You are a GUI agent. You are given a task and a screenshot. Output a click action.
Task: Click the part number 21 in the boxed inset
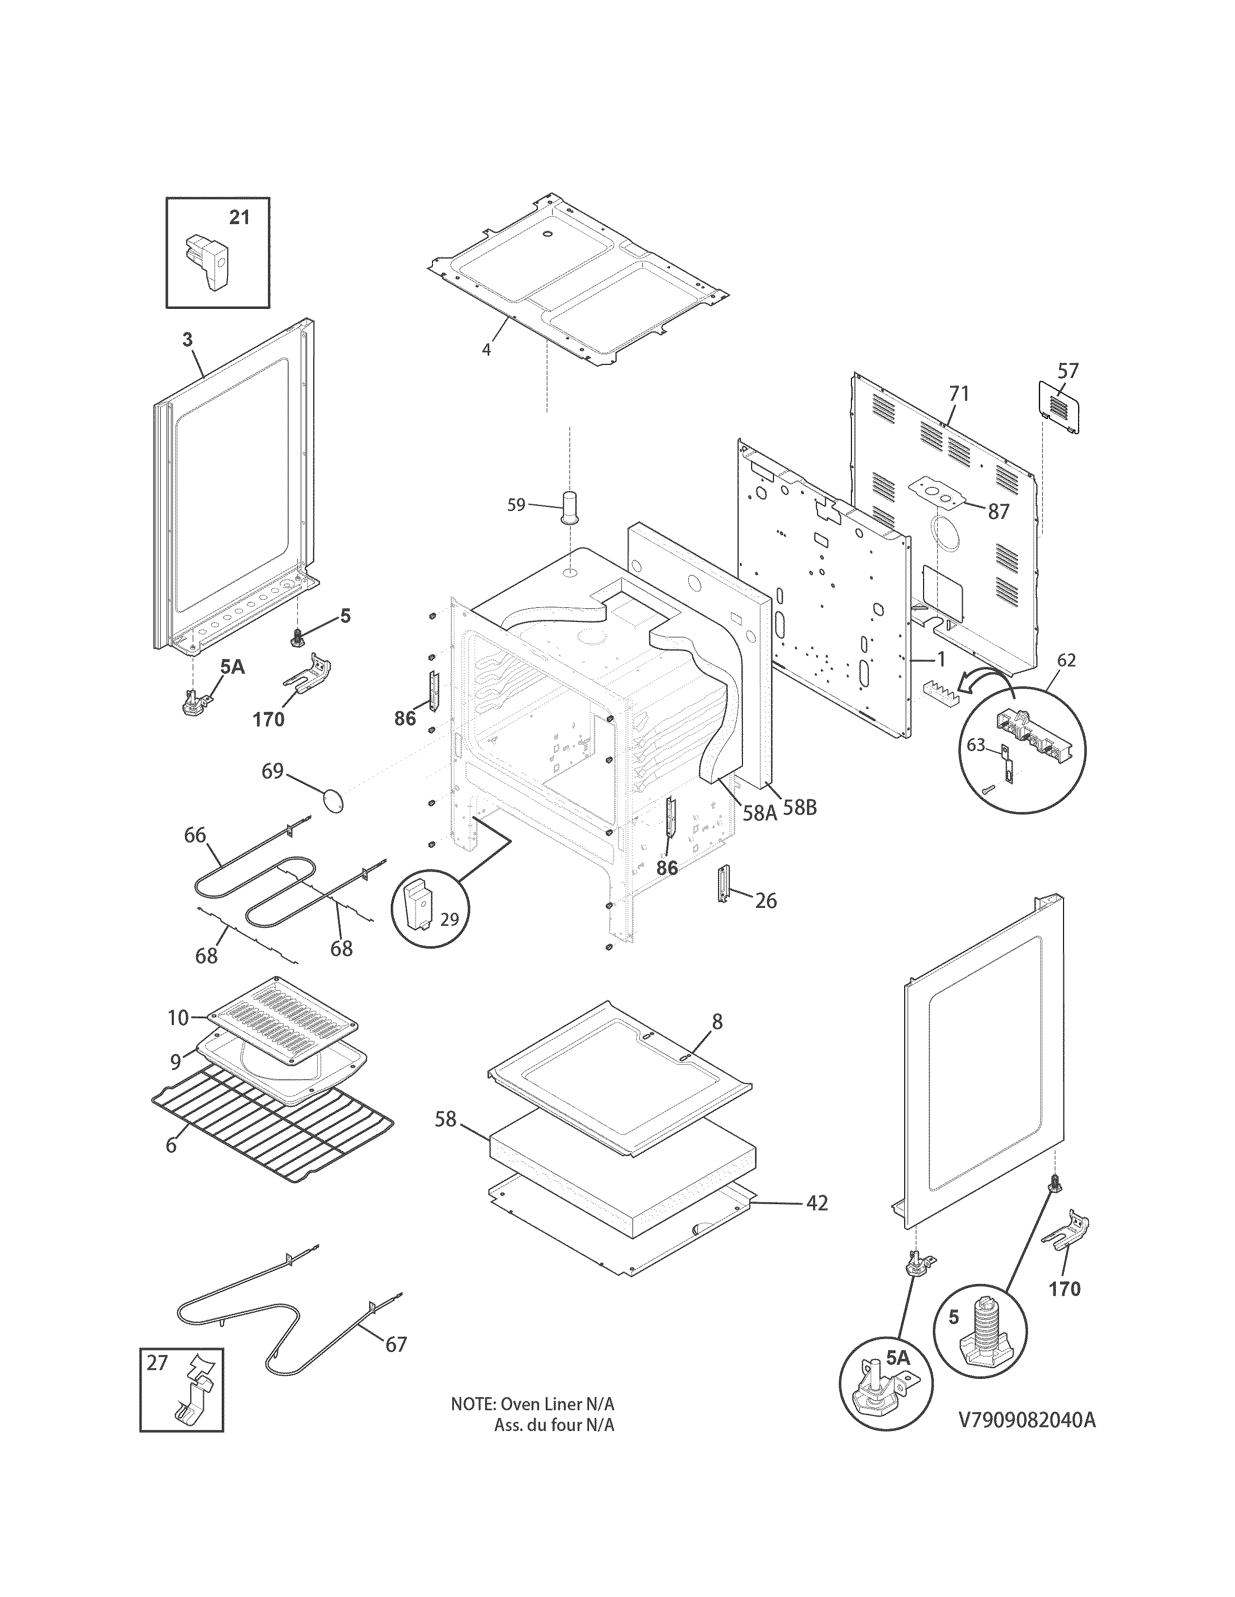point(239,217)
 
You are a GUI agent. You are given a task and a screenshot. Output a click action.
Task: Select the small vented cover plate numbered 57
point(1059,407)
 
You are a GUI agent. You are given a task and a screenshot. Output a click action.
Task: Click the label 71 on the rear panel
point(958,393)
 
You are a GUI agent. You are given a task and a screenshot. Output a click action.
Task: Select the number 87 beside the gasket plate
point(999,512)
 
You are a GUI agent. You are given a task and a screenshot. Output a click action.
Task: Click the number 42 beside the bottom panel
point(817,1203)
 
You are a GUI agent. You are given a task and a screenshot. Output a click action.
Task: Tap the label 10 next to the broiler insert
point(178,1017)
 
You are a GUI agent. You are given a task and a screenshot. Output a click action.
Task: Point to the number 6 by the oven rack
point(170,1145)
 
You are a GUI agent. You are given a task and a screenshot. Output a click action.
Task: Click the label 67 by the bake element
point(395,1344)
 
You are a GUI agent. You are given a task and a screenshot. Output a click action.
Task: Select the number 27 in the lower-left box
point(156,1362)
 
